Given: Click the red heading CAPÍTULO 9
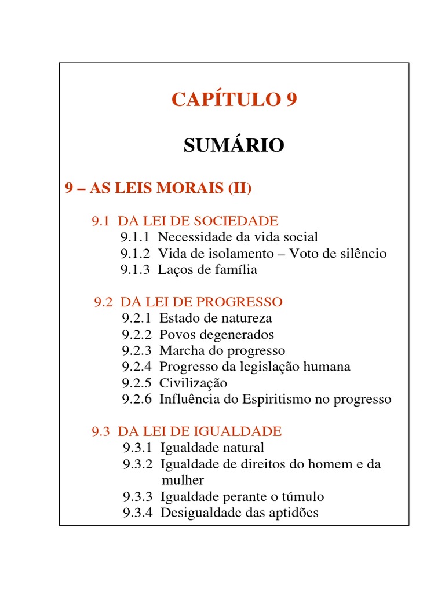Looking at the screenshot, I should pyautogui.click(x=234, y=100).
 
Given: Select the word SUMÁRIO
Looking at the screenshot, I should pyautogui.click(x=234, y=145).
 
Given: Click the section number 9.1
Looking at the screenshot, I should pyautogui.click(x=101, y=221).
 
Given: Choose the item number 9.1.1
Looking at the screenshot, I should pyautogui.click(x=136, y=237).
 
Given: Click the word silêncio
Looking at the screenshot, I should pyautogui.click(x=359, y=254).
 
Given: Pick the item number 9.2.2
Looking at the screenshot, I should pyautogui.click(x=137, y=335).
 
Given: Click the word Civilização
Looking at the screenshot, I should pyautogui.click(x=193, y=383).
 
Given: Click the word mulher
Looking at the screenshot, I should pyautogui.click(x=183, y=480).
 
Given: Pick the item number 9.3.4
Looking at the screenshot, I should pyautogui.click(x=137, y=513).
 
